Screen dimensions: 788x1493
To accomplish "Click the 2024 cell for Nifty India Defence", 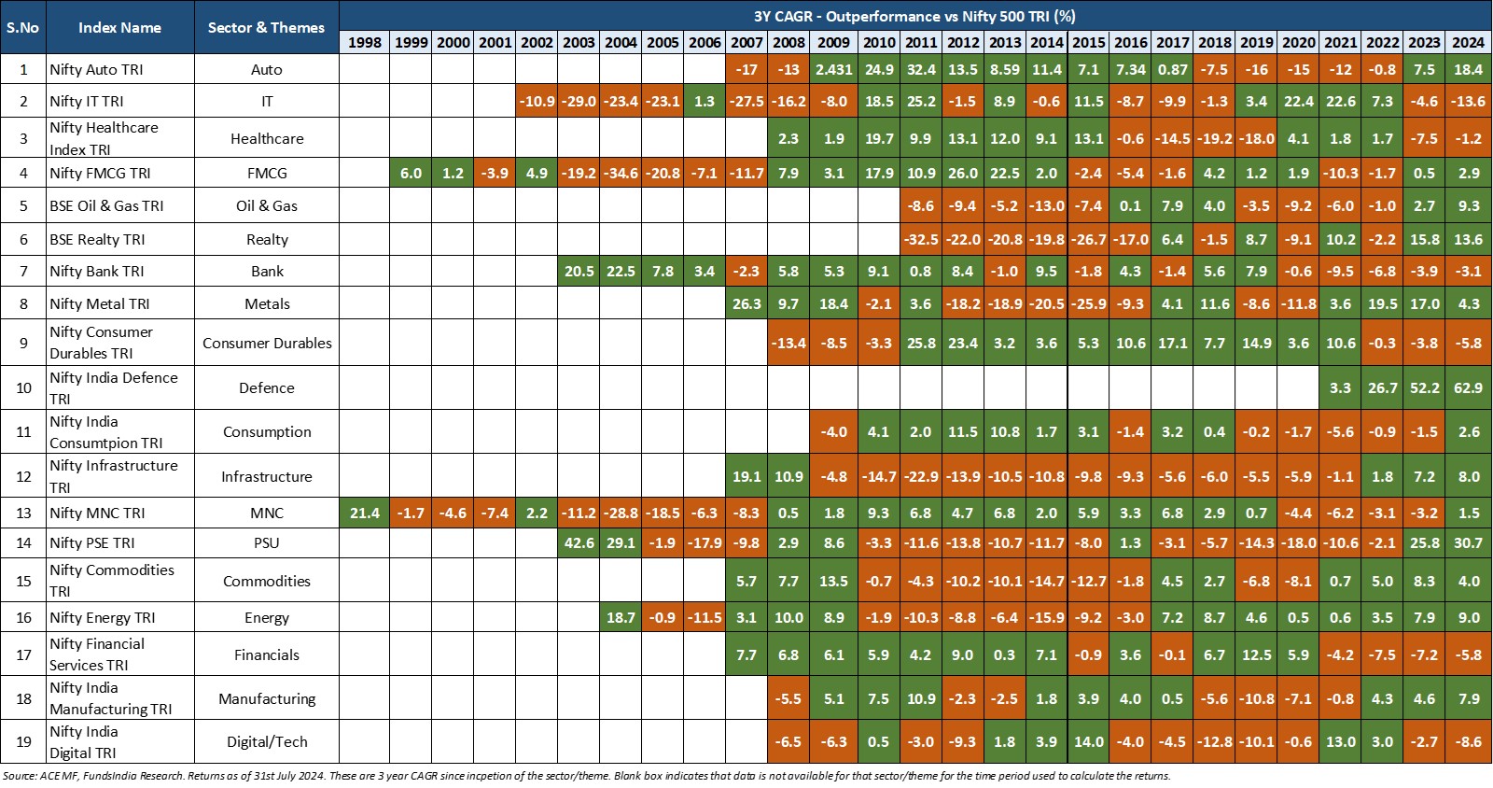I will tap(1468, 387).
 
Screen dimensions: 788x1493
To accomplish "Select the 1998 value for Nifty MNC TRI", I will tap(364, 513).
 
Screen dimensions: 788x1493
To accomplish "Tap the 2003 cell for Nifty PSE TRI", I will tap(579, 542).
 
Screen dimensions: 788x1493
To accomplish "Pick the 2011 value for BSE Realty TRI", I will tap(920, 239).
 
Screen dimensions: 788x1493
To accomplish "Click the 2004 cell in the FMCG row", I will tap(621, 173).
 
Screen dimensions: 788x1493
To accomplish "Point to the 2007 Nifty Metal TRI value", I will tap(746, 303).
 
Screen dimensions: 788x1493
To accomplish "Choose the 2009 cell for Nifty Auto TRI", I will tap(833, 69).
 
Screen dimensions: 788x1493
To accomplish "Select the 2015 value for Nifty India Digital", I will tap(1088, 741).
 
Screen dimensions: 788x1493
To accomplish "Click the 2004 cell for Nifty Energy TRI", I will tap(621, 617).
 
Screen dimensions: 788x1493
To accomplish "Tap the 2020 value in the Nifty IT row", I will tap(1298, 101).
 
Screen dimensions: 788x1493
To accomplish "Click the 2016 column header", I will tap(1130, 42).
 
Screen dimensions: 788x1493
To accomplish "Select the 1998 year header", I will tap(364, 42).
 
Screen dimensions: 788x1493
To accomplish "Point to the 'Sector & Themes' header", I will tap(266, 27).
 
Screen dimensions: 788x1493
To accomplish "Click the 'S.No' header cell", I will tap(23, 27).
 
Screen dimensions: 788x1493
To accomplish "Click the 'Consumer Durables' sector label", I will tap(267, 343).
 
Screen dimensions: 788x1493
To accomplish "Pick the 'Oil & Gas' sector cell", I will tap(267, 205).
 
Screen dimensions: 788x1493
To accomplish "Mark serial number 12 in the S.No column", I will tap(23, 476).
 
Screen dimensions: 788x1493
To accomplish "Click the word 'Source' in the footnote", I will tap(19, 776).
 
